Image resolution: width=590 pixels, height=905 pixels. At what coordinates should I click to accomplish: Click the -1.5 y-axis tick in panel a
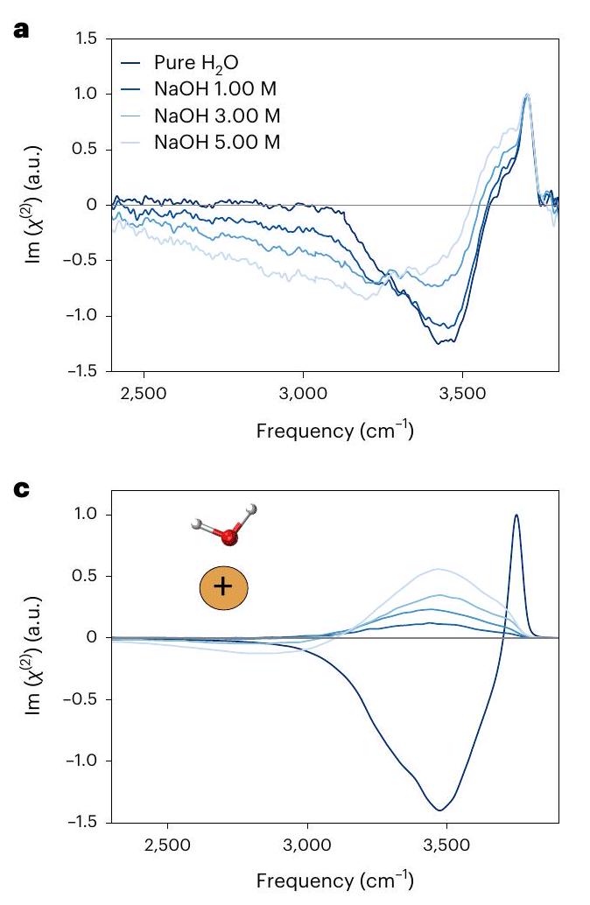[87, 371]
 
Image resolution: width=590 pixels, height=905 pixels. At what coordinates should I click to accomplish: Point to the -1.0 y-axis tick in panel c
[87, 761]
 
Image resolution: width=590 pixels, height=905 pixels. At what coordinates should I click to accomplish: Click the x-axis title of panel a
[334, 431]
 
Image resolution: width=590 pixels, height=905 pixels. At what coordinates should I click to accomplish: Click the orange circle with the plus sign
[223, 586]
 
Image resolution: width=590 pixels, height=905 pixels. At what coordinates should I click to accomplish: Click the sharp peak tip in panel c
[516, 515]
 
